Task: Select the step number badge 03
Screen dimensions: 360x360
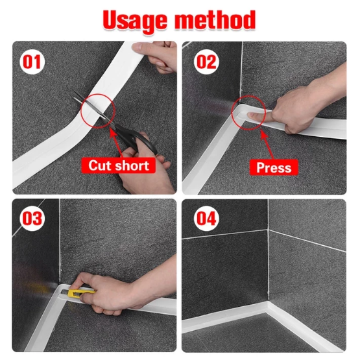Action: [x=32, y=218]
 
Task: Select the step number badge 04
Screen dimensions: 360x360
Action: [x=207, y=218]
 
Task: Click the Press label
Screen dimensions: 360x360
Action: [x=274, y=167]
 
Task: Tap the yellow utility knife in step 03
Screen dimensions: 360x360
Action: [x=81, y=294]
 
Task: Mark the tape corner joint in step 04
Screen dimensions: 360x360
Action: [x=267, y=305]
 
